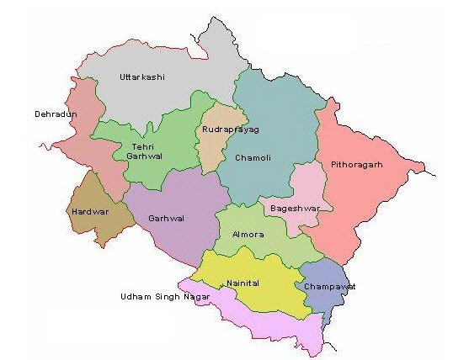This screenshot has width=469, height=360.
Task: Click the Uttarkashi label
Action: click(x=141, y=77)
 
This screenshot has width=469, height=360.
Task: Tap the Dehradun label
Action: click(x=56, y=114)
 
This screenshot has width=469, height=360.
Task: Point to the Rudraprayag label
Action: click(x=230, y=130)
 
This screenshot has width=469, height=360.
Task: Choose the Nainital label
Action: click(x=243, y=284)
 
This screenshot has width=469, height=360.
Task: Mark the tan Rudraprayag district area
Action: click(x=215, y=147)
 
